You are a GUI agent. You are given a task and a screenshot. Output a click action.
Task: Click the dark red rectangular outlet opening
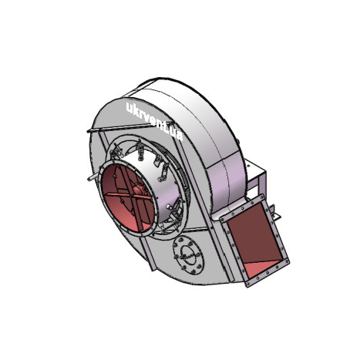254,242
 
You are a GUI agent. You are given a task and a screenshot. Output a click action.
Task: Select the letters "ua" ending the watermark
180,133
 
